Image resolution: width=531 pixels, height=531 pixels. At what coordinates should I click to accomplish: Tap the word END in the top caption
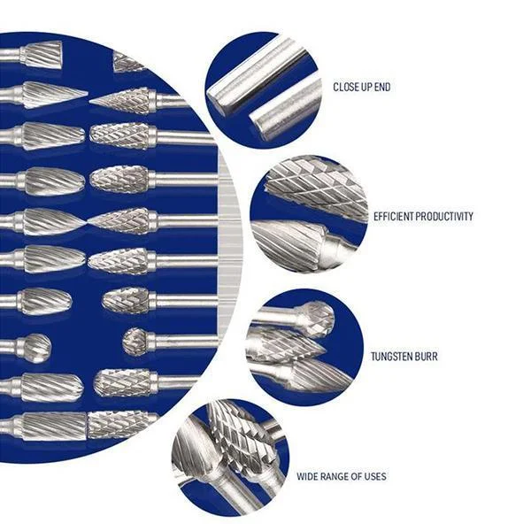tap(381, 88)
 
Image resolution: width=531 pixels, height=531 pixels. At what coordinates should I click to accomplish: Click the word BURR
tap(427, 358)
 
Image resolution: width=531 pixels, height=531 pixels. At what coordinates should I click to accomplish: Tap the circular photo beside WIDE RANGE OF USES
tap(228, 456)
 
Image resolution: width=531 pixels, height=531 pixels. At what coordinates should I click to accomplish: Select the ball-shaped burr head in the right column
tap(134, 339)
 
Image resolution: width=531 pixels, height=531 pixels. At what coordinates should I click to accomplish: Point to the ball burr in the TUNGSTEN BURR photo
tap(314, 317)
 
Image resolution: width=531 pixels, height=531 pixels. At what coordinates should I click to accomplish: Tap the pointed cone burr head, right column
tap(124, 100)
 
